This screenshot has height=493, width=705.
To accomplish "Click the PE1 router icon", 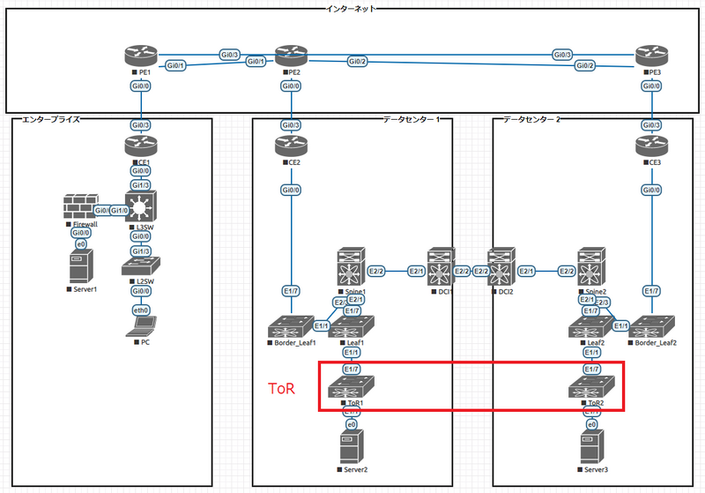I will [x=139, y=57].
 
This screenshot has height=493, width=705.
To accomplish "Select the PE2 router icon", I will [x=289, y=57].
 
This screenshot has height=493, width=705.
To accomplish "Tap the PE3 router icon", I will [x=649, y=57].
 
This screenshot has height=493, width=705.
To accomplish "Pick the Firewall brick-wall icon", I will [x=80, y=208].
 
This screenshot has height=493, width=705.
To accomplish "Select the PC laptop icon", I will [x=139, y=329].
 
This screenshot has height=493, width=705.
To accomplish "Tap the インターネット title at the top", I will [x=352, y=8].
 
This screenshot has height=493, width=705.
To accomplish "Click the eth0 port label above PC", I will [x=139, y=310].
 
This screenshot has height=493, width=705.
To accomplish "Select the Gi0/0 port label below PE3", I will [x=649, y=86].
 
